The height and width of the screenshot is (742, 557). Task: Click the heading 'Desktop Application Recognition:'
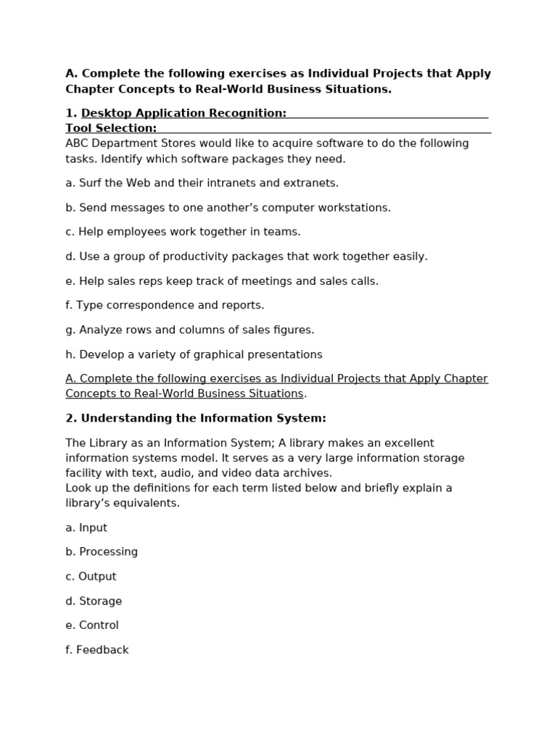(183, 113)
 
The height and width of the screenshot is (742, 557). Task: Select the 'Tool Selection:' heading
(111, 128)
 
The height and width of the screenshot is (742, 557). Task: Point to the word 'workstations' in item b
(355, 208)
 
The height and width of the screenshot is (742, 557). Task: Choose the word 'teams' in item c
(284, 232)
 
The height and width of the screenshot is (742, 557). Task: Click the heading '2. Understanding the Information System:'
(196, 418)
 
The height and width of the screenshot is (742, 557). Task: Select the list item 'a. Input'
(86, 528)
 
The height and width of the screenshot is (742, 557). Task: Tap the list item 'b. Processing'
(102, 552)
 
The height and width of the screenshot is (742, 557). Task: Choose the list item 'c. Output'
(91, 577)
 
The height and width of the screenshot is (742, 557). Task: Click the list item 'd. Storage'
(94, 601)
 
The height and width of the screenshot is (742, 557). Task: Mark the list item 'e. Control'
(92, 625)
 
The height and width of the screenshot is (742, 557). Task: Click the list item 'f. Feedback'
(97, 650)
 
